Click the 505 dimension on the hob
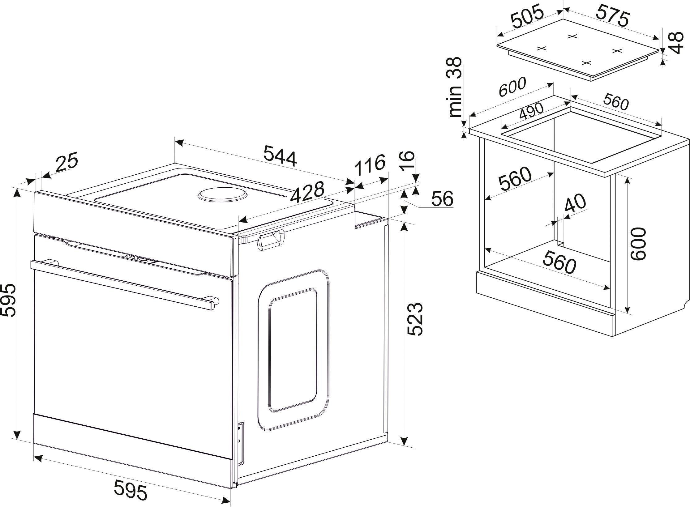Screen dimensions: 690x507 [x=527, y=16]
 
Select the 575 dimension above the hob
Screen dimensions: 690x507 [x=613, y=16]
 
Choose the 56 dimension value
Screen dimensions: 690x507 [x=442, y=199]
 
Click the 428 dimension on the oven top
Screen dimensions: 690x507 [x=307, y=193]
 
